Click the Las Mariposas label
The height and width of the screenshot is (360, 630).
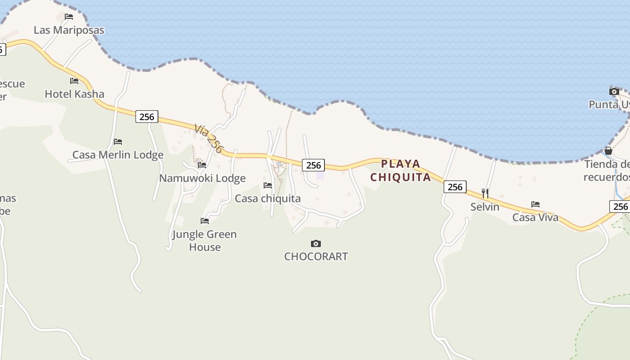[x=69, y=30]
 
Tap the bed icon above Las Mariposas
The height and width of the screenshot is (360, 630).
[x=69, y=17]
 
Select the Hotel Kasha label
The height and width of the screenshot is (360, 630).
[x=74, y=94]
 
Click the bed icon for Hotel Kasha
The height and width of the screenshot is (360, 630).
[x=74, y=81]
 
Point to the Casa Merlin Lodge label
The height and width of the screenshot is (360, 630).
[x=118, y=155]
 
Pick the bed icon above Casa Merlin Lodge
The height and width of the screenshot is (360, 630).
[x=118, y=142]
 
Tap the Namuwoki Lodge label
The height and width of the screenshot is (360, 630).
[x=202, y=178]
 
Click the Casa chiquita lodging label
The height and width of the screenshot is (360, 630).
[x=268, y=198]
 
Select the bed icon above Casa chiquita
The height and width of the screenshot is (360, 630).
[x=268, y=185]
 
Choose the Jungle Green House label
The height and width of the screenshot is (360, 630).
[x=205, y=240]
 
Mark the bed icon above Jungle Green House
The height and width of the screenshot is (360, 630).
[x=205, y=221]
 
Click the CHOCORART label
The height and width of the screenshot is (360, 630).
[x=316, y=256]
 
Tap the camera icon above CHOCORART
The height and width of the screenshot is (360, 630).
[x=316, y=243]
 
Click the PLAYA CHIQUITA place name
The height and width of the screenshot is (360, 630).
[x=400, y=170]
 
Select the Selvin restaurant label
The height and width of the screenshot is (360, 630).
[x=485, y=207]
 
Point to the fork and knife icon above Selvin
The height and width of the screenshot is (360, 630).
[x=485, y=193]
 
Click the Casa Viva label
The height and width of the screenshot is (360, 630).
[x=535, y=217]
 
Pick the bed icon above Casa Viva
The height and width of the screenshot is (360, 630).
[x=535, y=204]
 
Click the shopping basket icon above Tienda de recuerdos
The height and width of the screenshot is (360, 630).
[x=608, y=151]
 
